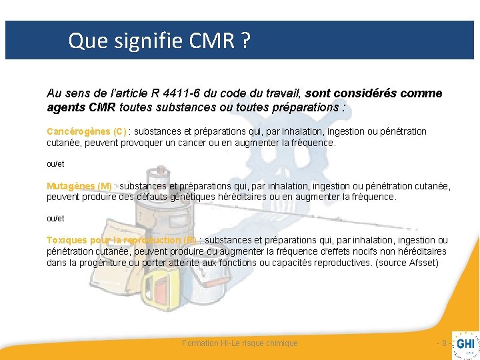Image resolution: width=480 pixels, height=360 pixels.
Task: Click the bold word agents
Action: tap(63, 107)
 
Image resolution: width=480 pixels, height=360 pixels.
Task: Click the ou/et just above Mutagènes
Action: tap(55, 163)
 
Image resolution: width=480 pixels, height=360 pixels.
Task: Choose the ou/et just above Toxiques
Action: tap(55, 218)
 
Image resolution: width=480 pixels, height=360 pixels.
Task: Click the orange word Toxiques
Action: tap(64, 240)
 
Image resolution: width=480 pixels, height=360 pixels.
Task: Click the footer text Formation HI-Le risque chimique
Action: tap(240, 343)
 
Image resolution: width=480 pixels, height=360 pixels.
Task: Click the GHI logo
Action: tap(465, 344)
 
